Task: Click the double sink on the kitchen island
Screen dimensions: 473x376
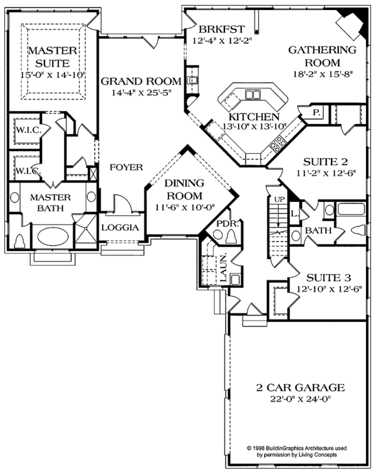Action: (x=253, y=95)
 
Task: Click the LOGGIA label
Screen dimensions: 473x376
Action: (x=120, y=228)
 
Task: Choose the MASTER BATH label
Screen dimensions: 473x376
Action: (x=52, y=204)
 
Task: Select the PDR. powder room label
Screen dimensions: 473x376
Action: (x=225, y=223)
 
